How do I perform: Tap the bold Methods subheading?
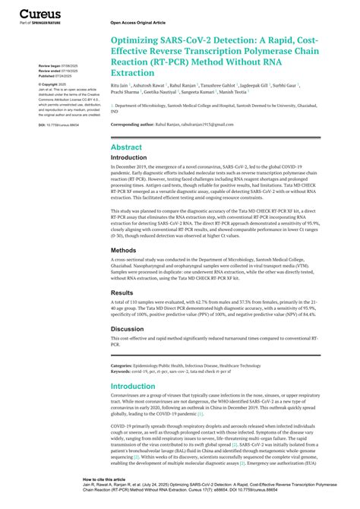point(123,249)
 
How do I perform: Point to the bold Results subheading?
point(122,292)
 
